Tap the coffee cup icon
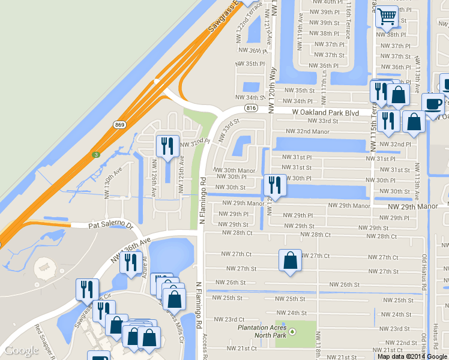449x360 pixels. coord(433,104)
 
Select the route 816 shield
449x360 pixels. coord(252,107)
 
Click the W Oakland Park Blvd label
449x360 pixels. coord(325,112)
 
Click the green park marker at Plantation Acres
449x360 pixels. coord(292,331)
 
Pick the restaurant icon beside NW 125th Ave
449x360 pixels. coord(167,146)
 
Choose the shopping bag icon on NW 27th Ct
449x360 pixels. coord(290,260)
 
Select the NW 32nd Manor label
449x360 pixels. coord(308,131)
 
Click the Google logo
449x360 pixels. coord(21,350)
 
